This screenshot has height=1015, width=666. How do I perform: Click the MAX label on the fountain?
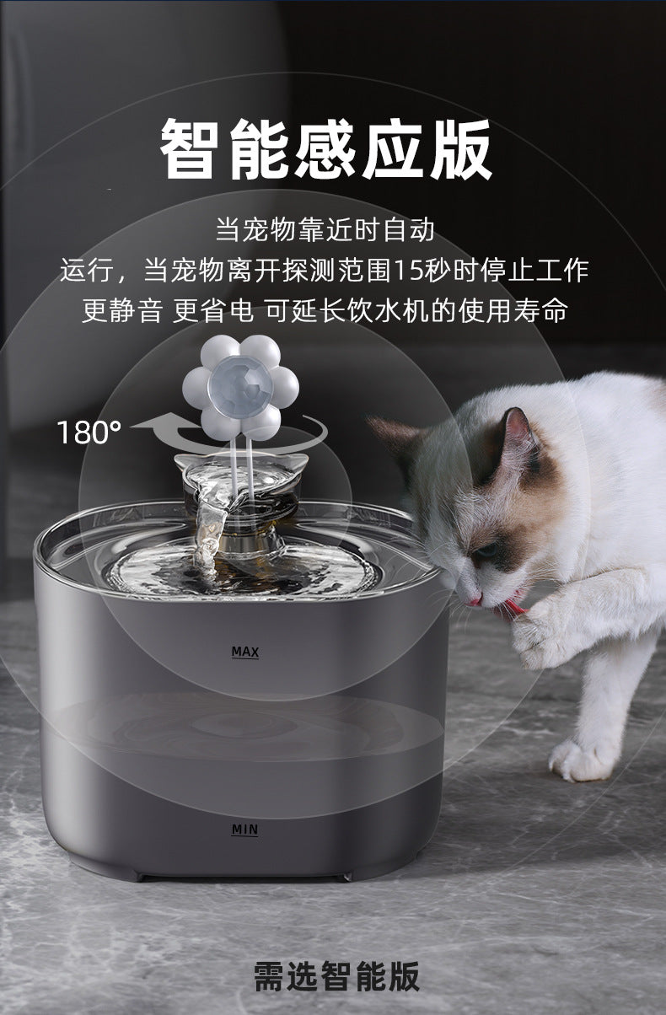(245, 652)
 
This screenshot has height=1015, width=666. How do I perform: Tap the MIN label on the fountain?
(244, 830)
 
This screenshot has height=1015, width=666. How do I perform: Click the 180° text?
(89, 432)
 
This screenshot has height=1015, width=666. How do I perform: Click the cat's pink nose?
(474, 601)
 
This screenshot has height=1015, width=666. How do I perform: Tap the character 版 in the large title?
(461, 148)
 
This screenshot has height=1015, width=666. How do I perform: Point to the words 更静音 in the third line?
(122, 311)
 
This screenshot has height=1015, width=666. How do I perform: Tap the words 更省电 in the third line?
(213, 311)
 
